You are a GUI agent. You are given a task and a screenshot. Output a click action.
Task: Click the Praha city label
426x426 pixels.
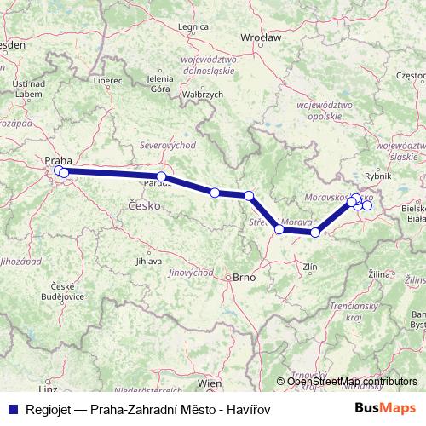coord(57,159)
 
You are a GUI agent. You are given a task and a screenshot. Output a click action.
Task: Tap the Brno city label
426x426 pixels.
coord(244,278)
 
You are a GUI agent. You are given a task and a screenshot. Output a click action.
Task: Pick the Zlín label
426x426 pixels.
coord(312,267)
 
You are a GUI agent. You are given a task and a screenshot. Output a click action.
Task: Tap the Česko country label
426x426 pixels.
coord(141,205)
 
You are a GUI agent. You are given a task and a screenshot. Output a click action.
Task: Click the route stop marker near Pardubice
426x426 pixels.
coord(161,177)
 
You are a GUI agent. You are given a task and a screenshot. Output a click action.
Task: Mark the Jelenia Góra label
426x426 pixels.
coord(160,83)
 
